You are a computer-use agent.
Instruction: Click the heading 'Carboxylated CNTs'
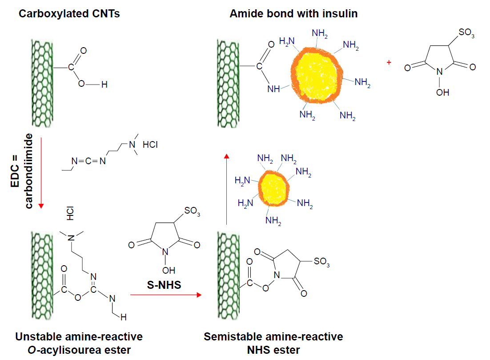(69, 14)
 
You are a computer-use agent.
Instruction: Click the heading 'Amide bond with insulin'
(293, 14)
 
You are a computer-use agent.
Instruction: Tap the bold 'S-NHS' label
(164, 285)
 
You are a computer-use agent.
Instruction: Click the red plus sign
(389, 63)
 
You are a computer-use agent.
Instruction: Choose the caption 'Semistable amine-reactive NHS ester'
(273, 343)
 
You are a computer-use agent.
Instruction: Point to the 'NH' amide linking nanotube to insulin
(273, 89)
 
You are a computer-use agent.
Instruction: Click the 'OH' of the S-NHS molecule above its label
(169, 270)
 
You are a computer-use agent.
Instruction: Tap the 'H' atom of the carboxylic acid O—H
(104, 85)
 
